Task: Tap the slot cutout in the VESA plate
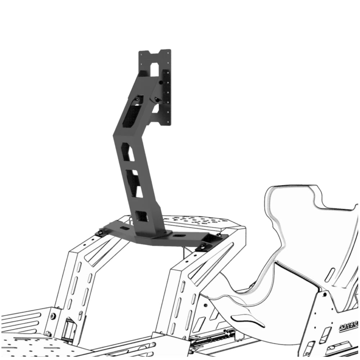154,69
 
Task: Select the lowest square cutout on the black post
142,216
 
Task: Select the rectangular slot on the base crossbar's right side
179,236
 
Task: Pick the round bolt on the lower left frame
53,316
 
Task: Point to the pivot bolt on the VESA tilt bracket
161,82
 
